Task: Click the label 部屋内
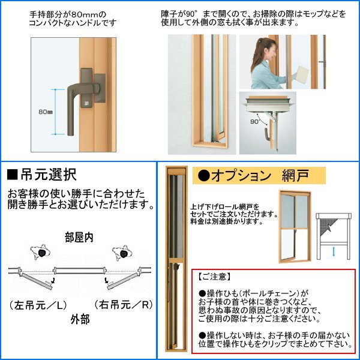[x=79, y=238]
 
